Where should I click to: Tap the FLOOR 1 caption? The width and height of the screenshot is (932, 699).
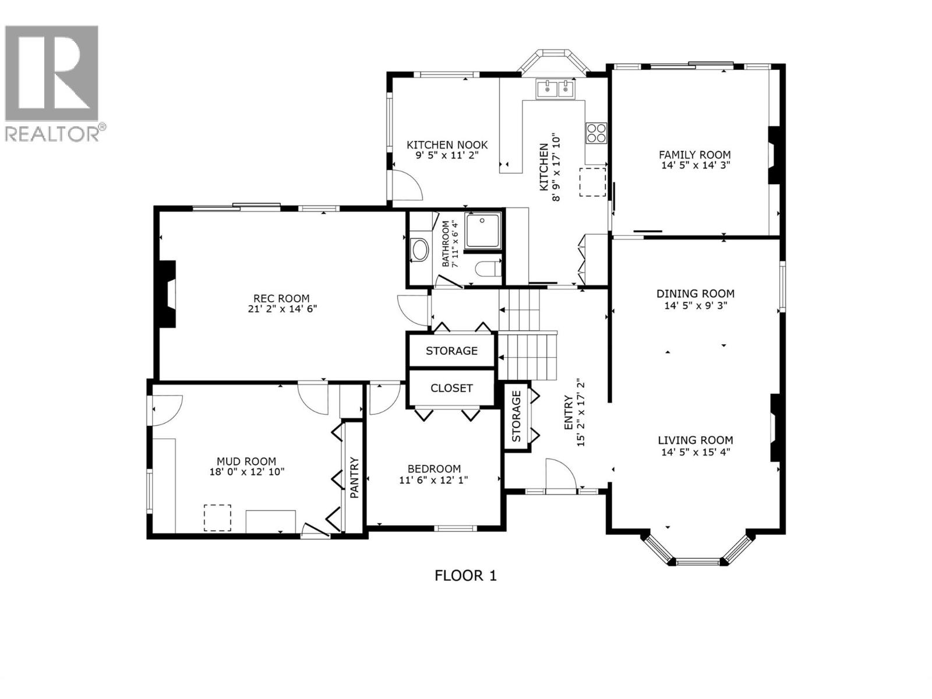click(x=465, y=576)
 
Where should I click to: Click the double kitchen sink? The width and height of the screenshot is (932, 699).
click(x=556, y=89)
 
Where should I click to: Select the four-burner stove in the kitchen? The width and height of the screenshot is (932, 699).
click(x=596, y=133)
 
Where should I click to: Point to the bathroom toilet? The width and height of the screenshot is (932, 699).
click(x=488, y=269)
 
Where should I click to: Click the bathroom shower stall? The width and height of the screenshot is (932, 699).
click(x=483, y=230)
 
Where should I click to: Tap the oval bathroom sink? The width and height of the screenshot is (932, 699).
click(x=419, y=250)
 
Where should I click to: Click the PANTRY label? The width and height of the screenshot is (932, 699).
click(x=354, y=477)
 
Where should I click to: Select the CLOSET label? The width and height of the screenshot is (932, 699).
click(x=451, y=388)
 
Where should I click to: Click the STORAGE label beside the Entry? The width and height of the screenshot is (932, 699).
click(x=516, y=416)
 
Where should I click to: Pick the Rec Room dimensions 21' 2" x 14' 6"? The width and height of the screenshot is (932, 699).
click(x=282, y=309)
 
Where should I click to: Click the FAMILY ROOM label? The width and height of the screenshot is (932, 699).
click(x=694, y=154)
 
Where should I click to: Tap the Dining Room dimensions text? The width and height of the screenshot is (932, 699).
click(x=695, y=305)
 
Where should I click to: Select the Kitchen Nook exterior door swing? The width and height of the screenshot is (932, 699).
click(x=406, y=185)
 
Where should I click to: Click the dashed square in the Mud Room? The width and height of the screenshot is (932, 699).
click(x=217, y=517)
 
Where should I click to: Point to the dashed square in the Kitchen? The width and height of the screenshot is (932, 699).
click(x=592, y=182)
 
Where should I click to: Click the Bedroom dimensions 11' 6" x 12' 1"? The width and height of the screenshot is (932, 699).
click(x=434, y=480)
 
